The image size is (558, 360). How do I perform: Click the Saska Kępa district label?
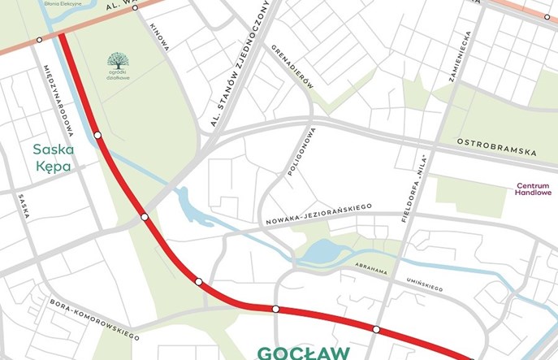(54, 158)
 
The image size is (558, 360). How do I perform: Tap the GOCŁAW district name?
(304, 353)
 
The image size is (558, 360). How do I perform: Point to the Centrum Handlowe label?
(534, 189)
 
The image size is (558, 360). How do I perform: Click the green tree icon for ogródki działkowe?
(119, 60)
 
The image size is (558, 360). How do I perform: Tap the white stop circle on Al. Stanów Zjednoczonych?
(145, 217)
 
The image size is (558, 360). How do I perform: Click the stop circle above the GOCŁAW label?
(276, 309)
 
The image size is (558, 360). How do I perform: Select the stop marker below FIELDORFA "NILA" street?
(376, 329)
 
